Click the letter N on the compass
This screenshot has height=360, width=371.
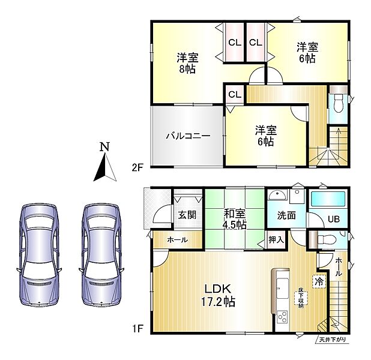[105, 147]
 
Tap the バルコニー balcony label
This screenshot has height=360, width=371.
[188, 136]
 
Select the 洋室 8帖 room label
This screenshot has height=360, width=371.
[187, 64]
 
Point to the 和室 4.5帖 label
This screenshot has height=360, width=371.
[235, 219]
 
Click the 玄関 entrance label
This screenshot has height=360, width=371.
[187, 215]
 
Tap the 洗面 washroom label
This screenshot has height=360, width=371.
[286, 215]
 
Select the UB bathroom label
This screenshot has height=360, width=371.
[334, 219]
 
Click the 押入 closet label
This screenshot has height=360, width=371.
[276, 240]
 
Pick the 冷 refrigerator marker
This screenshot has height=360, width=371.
[319, 281]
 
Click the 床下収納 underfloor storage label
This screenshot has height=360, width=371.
[301, 298]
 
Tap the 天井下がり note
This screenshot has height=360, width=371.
[333, 340]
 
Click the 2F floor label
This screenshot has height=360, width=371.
[137, 168]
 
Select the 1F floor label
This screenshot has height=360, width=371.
[137, 329]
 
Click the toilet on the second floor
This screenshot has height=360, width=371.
[339, 103]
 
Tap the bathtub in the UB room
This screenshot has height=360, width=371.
[329, 199]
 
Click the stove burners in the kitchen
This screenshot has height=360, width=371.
[282, 317]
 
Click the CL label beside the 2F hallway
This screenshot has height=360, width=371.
[235, 95]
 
